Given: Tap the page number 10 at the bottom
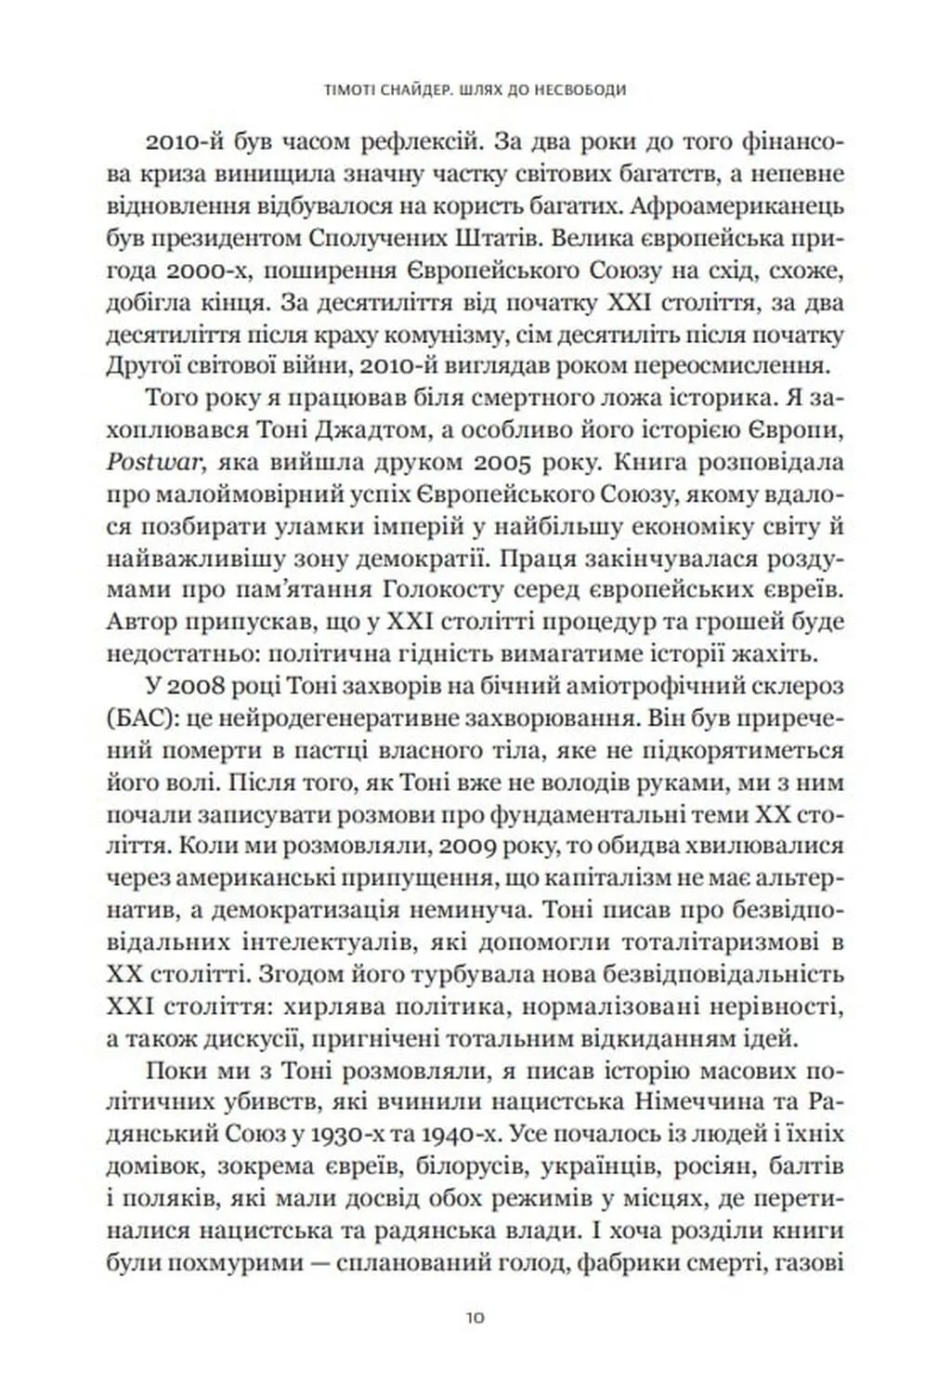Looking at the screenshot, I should click(475, 1318).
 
